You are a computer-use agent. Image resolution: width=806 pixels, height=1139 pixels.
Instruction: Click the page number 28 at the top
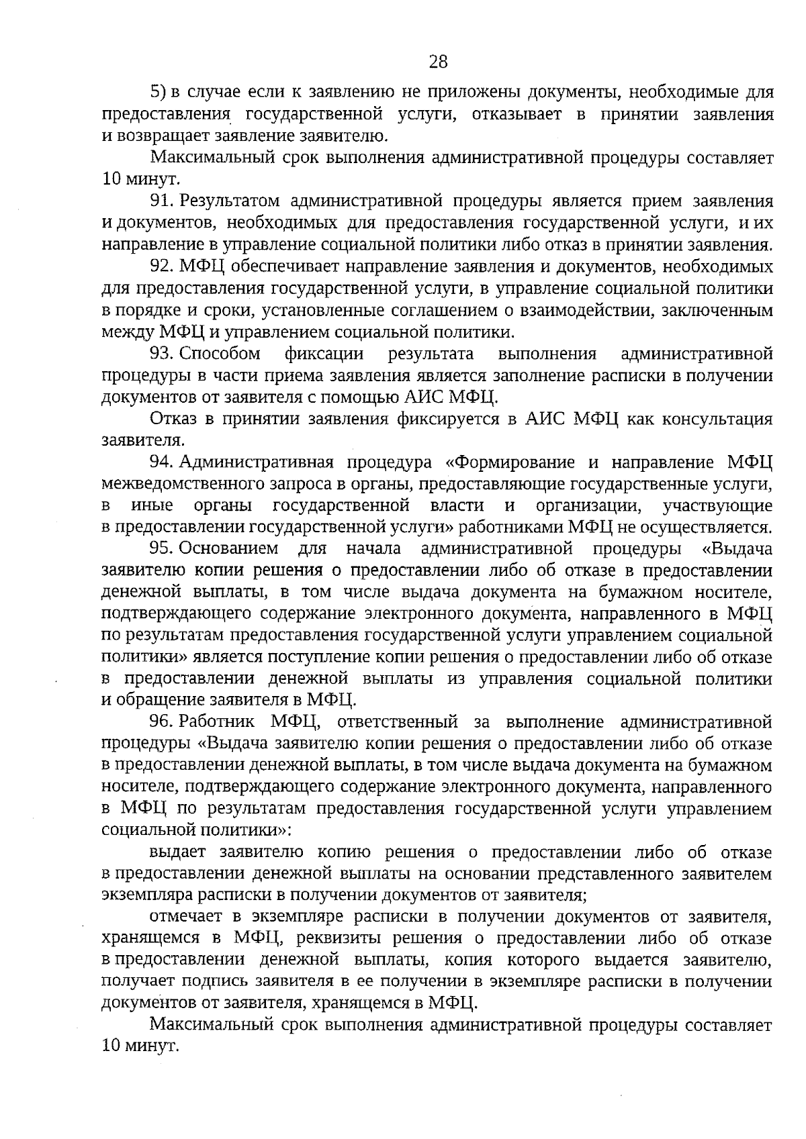click(x=437, y=62)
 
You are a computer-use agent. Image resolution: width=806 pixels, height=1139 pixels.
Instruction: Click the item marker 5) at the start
click(x=157, y=91)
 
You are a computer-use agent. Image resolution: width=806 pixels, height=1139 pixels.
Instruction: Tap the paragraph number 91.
click(x=163, y=201)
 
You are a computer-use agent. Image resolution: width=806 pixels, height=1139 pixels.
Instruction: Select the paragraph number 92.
click(x=163, y=266)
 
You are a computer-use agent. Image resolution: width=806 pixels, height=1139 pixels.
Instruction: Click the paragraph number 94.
click(x=163, y=462)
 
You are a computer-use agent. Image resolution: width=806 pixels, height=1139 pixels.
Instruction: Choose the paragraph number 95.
click(x=163, y=549)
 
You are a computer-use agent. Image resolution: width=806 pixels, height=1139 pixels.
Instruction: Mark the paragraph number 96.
click(x=163, y=722)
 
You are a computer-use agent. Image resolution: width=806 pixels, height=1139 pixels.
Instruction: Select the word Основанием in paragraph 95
click(x=229, y=549)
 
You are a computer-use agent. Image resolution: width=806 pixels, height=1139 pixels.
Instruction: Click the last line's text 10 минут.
click(x=139, y=1047)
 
